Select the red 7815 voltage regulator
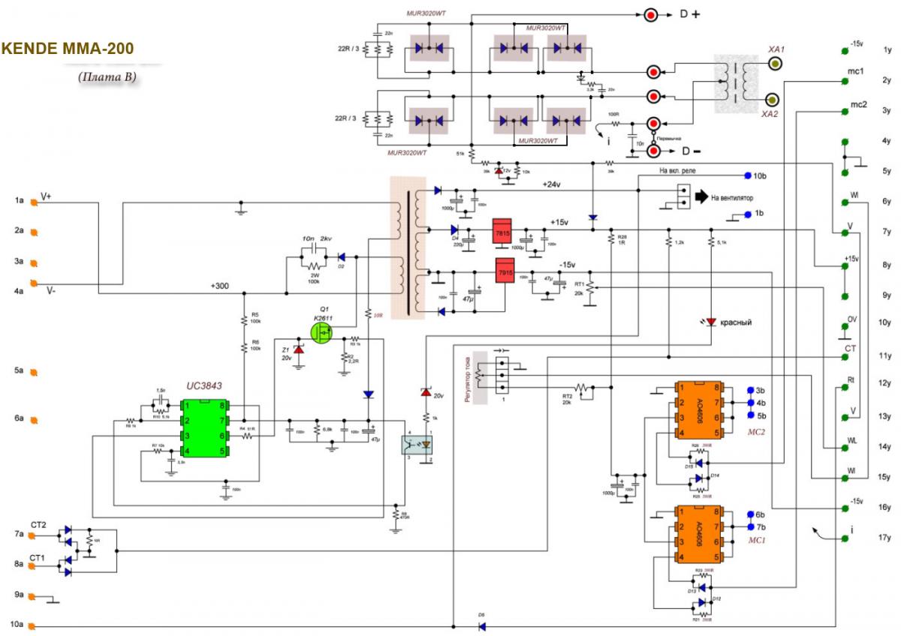pyautogui.click(x=502, y=232)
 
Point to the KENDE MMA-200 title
pyautogui.click(x=68, y=49)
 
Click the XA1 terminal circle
pyautogui.click(x=775, y=64)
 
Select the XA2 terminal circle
pyautogui.click(x=770, y=100)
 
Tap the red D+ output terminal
pyautogui.click(x=651, y=14)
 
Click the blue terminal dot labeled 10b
pyautogui.click(x=747, y=175)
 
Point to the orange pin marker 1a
pyautogui.click(x=33, y=201)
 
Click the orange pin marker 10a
pyautogui.click(x=33, y=625)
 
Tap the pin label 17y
pyautogui.click(x=887, y=538)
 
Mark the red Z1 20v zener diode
pyautogui.click(x=299, y=349)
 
